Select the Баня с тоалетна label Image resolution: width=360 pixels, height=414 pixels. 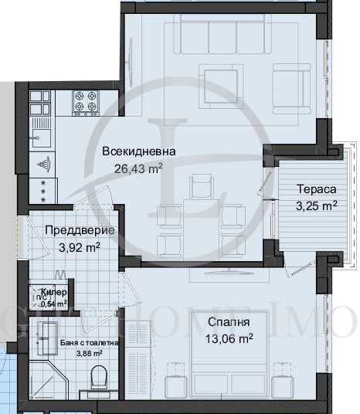click(x=79, y=343)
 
